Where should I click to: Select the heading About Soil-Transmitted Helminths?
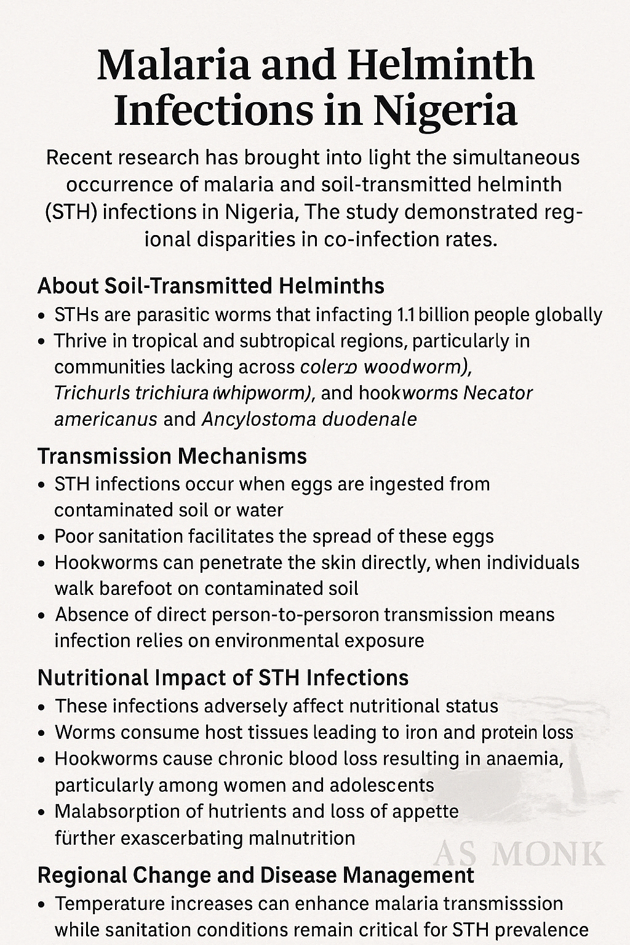click(x=211, y=286)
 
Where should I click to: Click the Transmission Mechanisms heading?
click(x=172, y=457)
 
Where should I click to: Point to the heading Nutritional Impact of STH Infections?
click(x=223, y=678)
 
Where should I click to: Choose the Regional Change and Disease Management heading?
click(x=256, y=875)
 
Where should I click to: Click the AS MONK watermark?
click(x=519, y=854)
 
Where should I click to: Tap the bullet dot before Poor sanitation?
click(x=41, y=537)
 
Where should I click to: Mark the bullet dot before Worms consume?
click(x=41, y=733)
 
